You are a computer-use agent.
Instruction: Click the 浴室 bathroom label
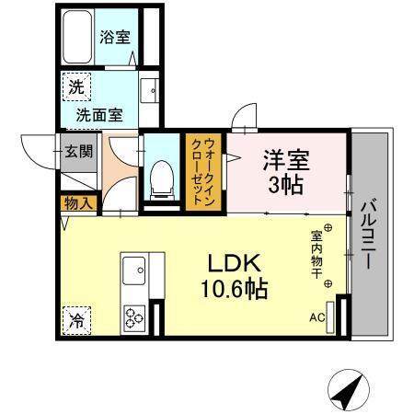pos(115,39)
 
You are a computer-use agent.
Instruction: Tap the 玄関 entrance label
pos(77,151)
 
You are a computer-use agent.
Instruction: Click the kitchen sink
pos(134,272)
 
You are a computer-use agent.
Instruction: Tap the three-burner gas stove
pos(134,316)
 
